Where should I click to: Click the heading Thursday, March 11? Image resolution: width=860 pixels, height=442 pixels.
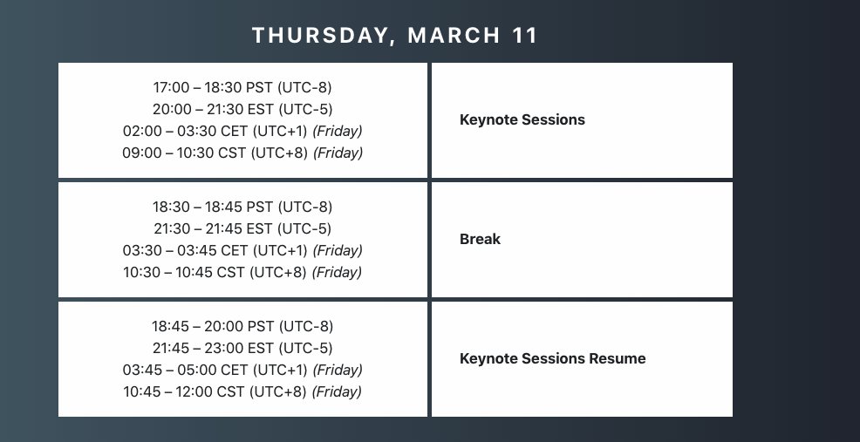pyautogui.click(x=395, y=36)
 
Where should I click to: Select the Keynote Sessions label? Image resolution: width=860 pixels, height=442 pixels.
pyautogui.click(x=522, y=119)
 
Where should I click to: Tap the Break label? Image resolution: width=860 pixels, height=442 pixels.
pyautogui.click(x=480, y=239)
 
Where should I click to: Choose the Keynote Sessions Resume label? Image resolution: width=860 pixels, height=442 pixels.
pyautogui.click(x=552, y=358)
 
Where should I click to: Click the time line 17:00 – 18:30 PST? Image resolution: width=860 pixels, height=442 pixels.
pyautogui.click(x=242, y=87)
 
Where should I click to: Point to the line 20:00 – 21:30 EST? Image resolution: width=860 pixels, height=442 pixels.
pyautogui.click(x=242, y=109)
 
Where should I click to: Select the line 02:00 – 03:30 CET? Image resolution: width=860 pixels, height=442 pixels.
pyautogui.click(x=242, y=131)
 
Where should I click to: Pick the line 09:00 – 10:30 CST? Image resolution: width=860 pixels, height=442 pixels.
pyautogui.click(x=242, y=153)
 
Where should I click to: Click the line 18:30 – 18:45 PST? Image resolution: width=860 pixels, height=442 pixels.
pyautogui.click(x=242, y=207)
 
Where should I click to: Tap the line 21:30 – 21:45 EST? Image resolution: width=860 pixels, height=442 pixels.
pyautogui.click(x=242, y=228)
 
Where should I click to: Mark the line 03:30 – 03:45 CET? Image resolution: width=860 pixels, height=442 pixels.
pyautogui.click(x=242, y=250)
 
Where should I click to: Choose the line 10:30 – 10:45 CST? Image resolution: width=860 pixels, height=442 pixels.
pyautogui.click(x=242, y=272)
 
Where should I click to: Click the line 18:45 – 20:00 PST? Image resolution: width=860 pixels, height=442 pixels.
pyautogui.click(x=242, y=326)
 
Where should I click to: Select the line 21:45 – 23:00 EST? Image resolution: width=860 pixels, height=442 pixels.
pyautogui.click(x=242, y=348)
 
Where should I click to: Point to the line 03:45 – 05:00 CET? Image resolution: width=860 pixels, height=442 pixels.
pyautogui.click(x=242, y=370)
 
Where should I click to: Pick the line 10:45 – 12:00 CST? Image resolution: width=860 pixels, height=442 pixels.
pyautogui.click(x=242, y=391)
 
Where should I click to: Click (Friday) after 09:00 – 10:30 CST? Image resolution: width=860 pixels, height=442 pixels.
pyautogui.click(x=338, y=153)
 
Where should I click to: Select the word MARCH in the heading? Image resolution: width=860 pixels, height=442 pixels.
pyautogui.click(x=454, y=36)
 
